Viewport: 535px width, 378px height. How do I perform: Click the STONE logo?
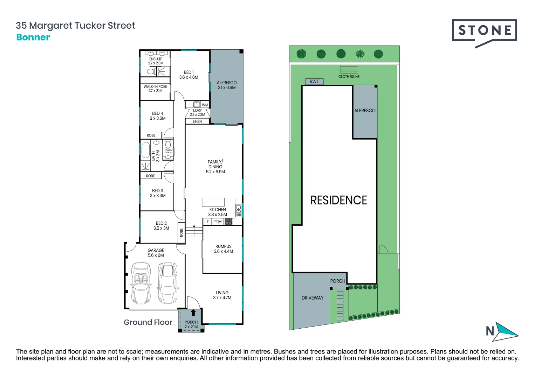[485, 31]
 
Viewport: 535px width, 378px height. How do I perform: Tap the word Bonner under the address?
[33, 37]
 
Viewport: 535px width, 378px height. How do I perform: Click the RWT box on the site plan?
[314, 82]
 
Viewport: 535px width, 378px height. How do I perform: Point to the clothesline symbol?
[349, 69]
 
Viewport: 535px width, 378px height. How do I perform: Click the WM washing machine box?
[205, 105]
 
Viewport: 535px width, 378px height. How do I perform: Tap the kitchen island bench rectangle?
[213, 202]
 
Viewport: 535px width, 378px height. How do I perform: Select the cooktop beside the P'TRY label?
[228, 222]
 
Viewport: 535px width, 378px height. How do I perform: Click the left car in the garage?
[141, 283]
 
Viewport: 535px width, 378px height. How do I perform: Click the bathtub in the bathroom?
[145, 150]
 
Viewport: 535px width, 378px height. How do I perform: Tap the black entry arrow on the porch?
[193, 312]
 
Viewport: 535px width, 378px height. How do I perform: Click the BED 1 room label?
[188, 75]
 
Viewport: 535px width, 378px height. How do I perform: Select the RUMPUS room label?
[223, 248]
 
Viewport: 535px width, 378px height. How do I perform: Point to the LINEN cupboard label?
[197, 121]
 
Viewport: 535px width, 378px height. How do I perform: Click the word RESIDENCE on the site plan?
[338, 200]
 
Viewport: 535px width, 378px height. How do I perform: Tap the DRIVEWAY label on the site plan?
[313, 298]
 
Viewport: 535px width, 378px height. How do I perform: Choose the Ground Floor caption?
[148, 322]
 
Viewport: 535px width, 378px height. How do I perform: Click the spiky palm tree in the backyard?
[360, 54]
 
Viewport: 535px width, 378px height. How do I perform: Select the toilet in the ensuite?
[151, 72]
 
